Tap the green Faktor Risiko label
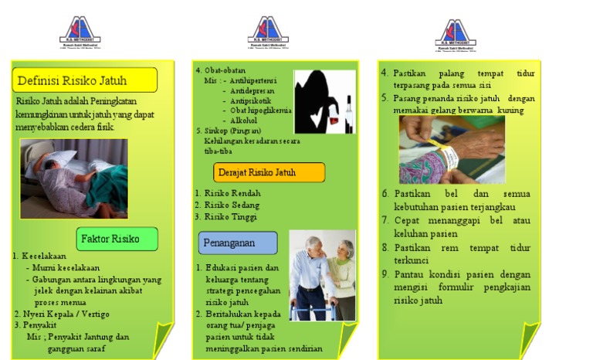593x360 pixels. pyautogui.click(x=117, y=239)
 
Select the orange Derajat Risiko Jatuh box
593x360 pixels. pyautogui.click(x=268, y=172)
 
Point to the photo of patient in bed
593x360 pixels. pyautogui.click(x=74, y=177)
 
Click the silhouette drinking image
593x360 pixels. pyautogui.click(x=324, y=100)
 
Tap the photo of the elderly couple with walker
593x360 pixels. pyautogui.click(x=322, y=274)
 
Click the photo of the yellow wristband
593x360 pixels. pyautogui.click(x=452, y=150)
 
